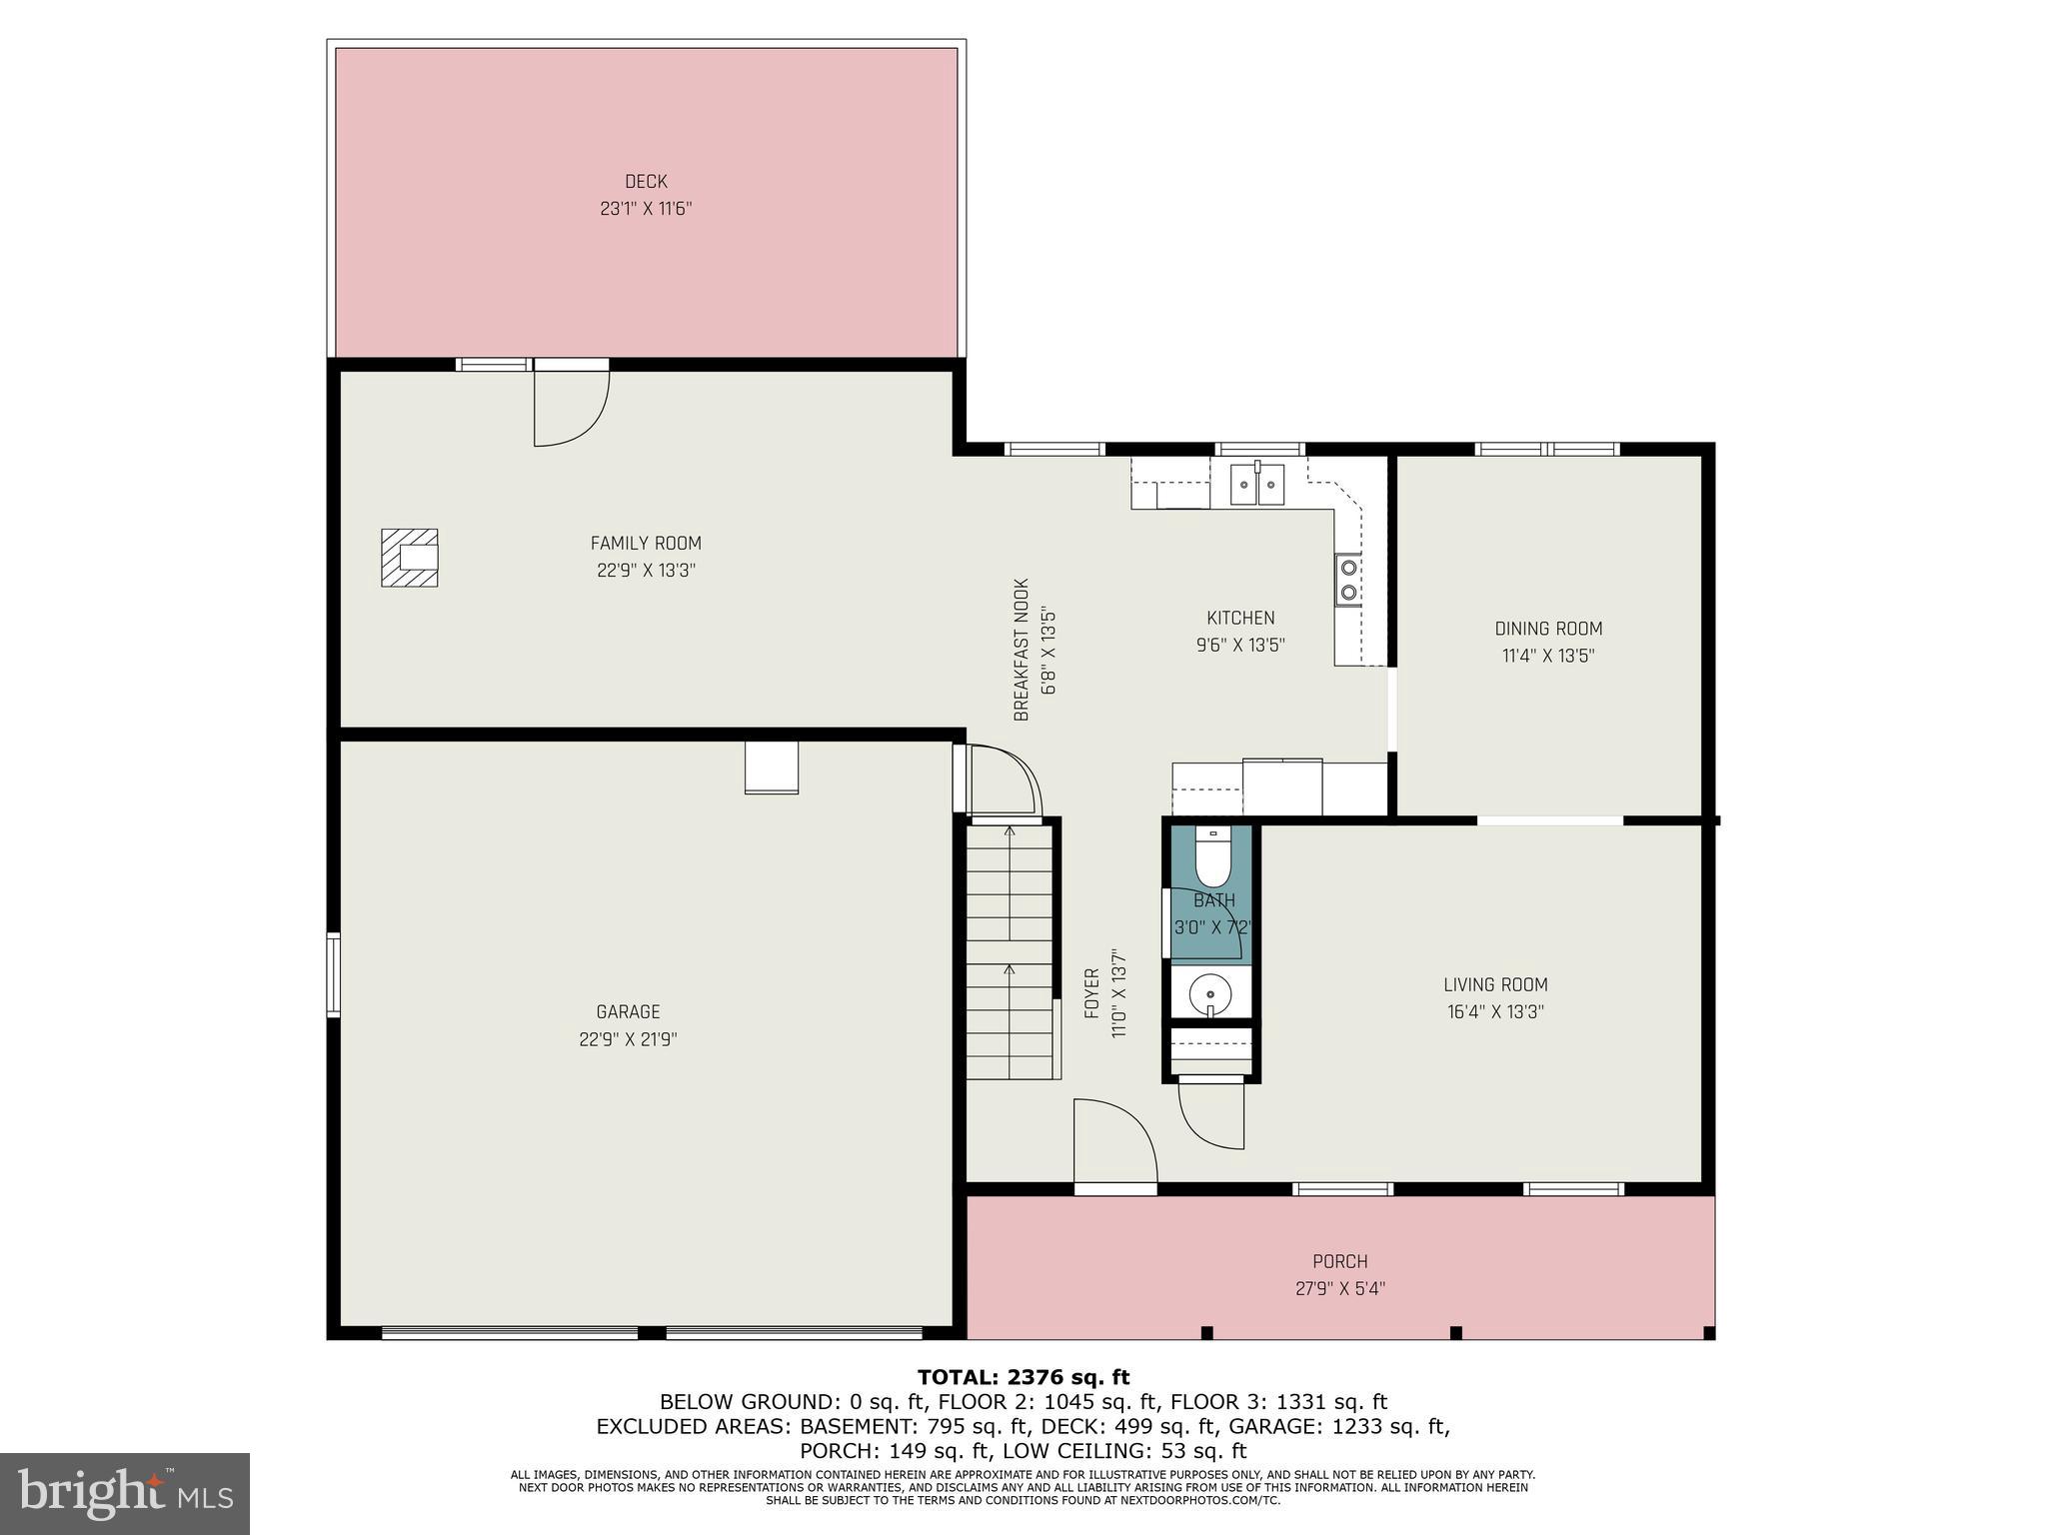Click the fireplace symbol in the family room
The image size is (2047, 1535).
(409, 558)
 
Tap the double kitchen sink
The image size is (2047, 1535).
(1256, 485)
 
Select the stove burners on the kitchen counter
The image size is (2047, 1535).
(1347, 580)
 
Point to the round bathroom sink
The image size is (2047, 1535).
(1210, 995)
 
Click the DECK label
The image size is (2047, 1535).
(646, 182)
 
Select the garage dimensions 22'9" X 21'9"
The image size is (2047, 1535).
(628, 1039)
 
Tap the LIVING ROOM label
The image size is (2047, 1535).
(1495, 984)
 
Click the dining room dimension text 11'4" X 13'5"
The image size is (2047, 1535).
(1548, 656)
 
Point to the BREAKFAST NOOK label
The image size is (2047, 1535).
(1021, 650)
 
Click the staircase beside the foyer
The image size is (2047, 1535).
(1009, 949)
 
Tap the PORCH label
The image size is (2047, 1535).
(1339, 1262)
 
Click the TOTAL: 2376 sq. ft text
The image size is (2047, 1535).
(1023, 1378)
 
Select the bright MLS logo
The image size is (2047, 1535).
(124, 1493)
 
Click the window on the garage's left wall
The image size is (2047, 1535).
(334, 975)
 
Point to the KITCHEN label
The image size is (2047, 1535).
(1240, 618)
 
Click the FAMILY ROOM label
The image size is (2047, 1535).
(646, 544)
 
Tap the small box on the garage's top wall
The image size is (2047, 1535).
(772, 767)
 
